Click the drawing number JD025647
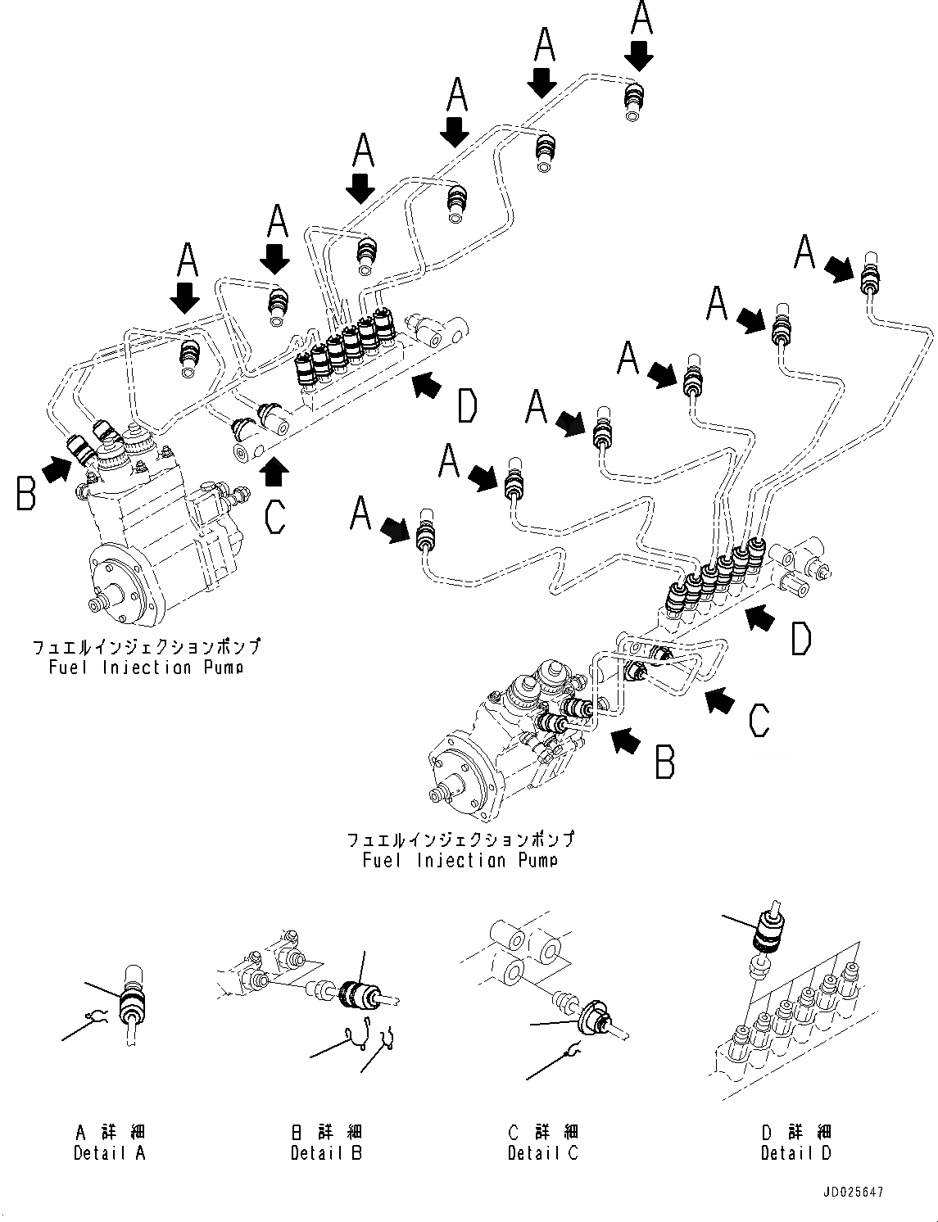click(854, 1193)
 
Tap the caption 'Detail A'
click(109, 1153)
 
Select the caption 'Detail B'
click(326, 1153)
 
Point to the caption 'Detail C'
click(542, 1153)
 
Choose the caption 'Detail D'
click(795, 1153)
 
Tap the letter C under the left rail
click(275, 516)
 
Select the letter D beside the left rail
click(466, 406)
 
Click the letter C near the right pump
click(759, 721)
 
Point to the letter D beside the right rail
click(800, 639)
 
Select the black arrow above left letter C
click(275, 470)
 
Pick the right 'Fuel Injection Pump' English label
click(460, 860)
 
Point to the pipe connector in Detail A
click(130, 1004)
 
